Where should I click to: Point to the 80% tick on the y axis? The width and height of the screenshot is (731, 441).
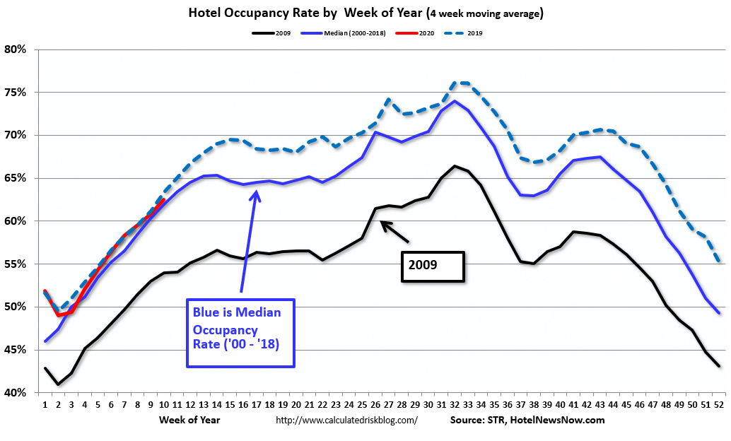click(16, 49)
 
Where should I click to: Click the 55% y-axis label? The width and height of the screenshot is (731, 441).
click(16, 264)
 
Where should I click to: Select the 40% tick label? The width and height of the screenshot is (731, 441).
click(16, 393)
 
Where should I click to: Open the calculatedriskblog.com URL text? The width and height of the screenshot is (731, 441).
click(346, 420)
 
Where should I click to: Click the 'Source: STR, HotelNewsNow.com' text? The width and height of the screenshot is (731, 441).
click(527, 420)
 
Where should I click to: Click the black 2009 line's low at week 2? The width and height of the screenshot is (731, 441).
click(58, 384)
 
